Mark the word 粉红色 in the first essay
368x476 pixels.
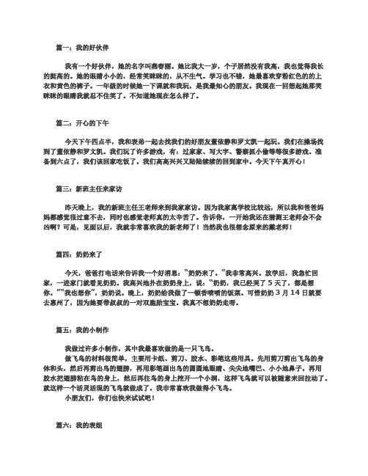click(x=289, y=75)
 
